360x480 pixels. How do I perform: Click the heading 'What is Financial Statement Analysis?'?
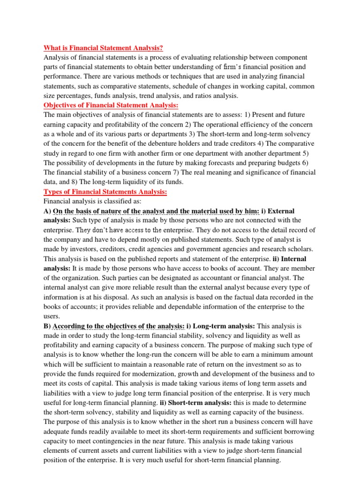pyautogui.click(x=103, y=48)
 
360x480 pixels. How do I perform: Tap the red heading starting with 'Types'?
pyautogui.click(x=105, y=191)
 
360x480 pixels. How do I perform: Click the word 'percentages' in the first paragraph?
pyautogui.click(x=67, y=96)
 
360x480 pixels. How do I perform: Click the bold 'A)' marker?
pyautogui.click(x=47, y=210)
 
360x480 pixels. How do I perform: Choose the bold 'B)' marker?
pyautogui.click(x=47, y=326)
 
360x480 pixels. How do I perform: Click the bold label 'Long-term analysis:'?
pyautogui.click(x=220, y=326)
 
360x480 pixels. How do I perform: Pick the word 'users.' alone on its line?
pyautogui.click(x=52, y=316)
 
